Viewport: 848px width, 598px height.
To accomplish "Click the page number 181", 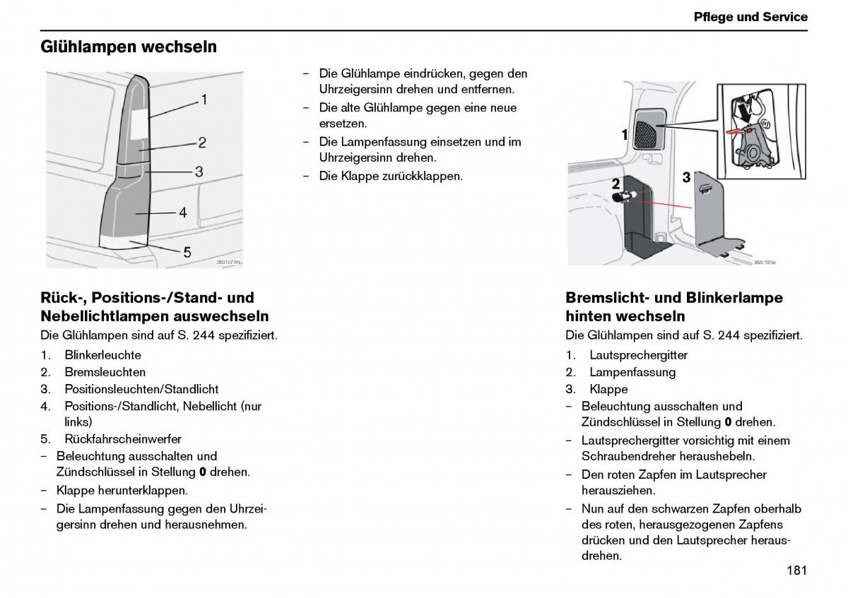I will click(796, 570).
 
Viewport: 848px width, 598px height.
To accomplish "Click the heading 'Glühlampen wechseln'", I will click(128, 47).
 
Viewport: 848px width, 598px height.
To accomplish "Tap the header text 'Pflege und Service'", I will click(750, 17).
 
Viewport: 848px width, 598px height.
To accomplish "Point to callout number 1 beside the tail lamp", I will click(204, 100).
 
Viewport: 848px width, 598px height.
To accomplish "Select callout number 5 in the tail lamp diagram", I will click(187, 251).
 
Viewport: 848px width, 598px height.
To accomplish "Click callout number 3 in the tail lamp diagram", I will click(199, 171).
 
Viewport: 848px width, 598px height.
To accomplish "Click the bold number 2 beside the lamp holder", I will click(616, 184).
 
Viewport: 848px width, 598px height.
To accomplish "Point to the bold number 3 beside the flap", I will click(685, 178).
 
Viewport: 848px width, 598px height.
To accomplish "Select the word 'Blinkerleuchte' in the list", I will click(102, 355).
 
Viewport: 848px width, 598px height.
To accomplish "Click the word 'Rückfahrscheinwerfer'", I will click(122, 439).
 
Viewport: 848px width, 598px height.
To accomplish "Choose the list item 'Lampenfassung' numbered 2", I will click(632, 372).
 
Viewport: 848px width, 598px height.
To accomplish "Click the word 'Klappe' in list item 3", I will click(608, 389).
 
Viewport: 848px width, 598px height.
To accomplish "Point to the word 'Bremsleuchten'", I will click(105, 372).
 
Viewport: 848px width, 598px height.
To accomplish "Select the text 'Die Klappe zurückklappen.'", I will click(391, 176).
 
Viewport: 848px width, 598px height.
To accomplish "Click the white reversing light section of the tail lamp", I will click(124, 242).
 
